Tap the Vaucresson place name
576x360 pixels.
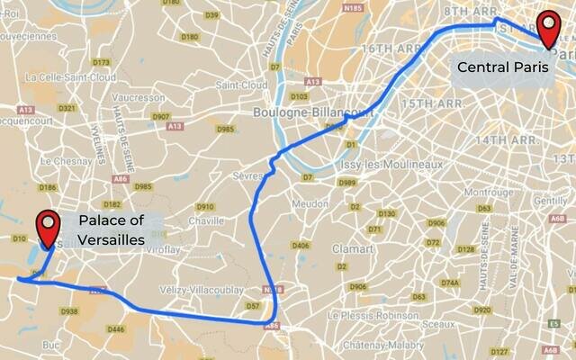pyautogui.click(x=140, y=97)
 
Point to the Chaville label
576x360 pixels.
pyautogui.click(x=207, y=220)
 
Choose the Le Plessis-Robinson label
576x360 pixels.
pyautogui.click(x=372, y=316)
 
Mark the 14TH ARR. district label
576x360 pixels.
pyautogui.click(x=505, y=141)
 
